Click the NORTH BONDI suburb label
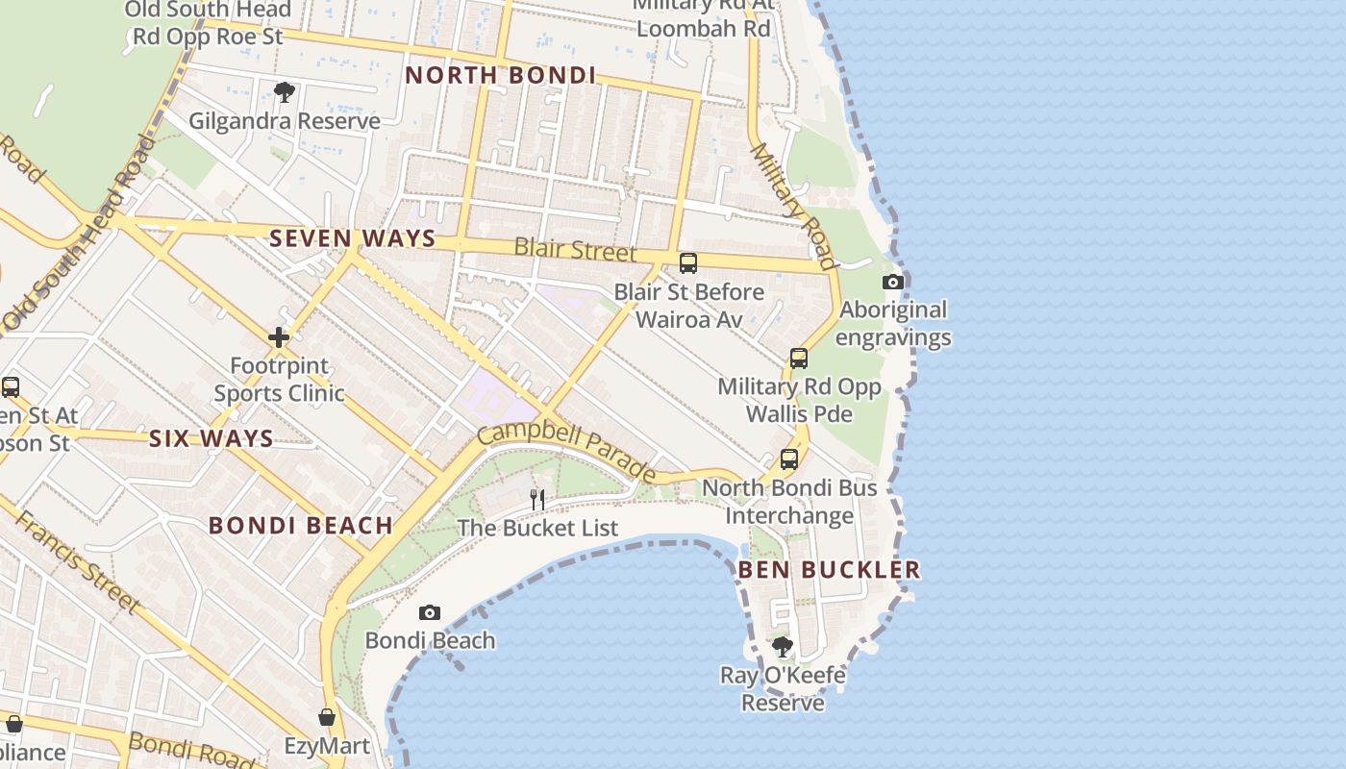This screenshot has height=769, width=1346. (x=500, y=75)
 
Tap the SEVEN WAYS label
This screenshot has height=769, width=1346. (x=353, y=238)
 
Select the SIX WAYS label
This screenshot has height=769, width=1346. (x=212, y=439)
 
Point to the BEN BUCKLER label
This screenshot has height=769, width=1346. (x=829, y=570)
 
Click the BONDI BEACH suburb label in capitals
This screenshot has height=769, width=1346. (x=301, y=526)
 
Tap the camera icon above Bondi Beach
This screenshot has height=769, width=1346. (x=430, y=613)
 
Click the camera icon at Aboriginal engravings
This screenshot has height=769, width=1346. (x=893, y=282)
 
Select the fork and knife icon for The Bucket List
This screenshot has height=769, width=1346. (x=537, y=499)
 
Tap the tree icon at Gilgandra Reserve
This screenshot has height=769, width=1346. (x=284, y=92)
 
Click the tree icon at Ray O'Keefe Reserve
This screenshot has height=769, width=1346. (x=783, y=646)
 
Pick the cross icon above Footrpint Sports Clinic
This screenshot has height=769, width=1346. (x=279, y=337)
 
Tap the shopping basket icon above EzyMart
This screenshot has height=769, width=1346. (x=327, y=717)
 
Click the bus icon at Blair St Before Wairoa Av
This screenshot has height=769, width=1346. (x=688, y=262)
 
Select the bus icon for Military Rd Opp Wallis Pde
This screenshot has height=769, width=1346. (x=799, y=359)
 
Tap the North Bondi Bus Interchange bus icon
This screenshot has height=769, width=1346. (x=789, y=459)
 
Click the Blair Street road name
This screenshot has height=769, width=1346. (x=575, y=249)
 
